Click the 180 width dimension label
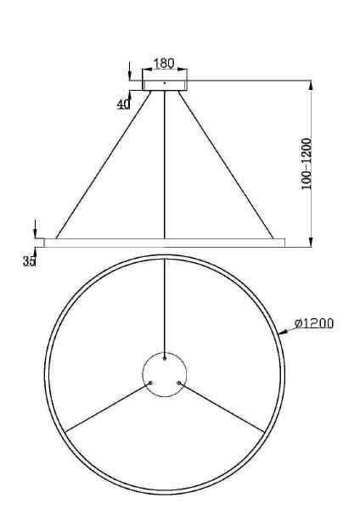pos(164,64)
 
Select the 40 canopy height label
pos(123,103)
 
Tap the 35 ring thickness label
pos(29,261)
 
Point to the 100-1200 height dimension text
pos(307,164)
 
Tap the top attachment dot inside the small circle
pos(164,359)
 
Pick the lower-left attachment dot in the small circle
pos(150,383)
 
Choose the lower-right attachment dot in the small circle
pos(178,383)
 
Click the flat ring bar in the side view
pos(164,243)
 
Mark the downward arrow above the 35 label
pos(35,228)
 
